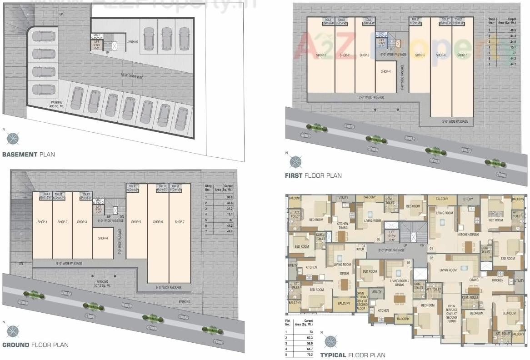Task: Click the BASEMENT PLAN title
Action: pyautogui.click(x=28, y=155)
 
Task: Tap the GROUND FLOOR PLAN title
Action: pyautogui.click(x=35, y=345)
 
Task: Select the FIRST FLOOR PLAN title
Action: pyautogui.click(x=313, y=175)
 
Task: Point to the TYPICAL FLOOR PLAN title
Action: pyautogui.click(x=353, y=355)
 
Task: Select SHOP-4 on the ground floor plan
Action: pyautogui.click(x=102, y=238)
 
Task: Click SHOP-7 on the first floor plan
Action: pyautogui.click(x=462, y=55)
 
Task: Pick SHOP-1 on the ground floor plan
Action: pyautogui.click(x=42, y=222)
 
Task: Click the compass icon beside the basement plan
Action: pyautogui.click(x=12, y=137)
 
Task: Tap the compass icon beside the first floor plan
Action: pyautogui.click(x=296, y=161)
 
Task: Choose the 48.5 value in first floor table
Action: pyautogui.click(x=513, y=30)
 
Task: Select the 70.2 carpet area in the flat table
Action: pyautogui.click(x=310, y=354)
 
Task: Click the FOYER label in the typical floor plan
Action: pyautogui.click(x=360, y=249)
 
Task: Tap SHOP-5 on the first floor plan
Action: pyautogui.click(x=420, y=55)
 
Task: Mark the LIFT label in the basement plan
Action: pyautogui.click(x=96, y=43)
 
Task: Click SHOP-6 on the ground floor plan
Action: pyautogui.click(x=158, y=222)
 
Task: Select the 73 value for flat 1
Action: pyautogui.click(x=311, y=332)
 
